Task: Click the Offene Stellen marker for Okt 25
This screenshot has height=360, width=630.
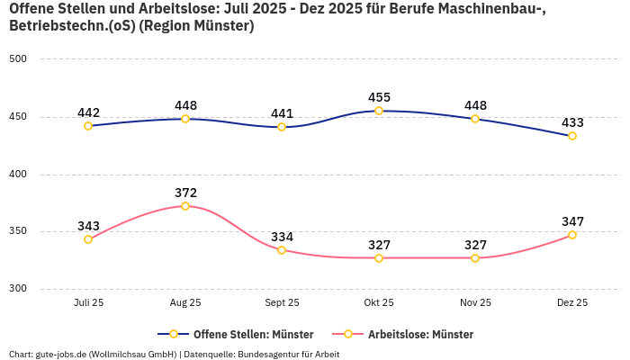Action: pos(379,111)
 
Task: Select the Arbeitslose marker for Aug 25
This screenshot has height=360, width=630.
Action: pos(185,206)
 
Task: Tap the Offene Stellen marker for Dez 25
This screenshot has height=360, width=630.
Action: pos(572,136)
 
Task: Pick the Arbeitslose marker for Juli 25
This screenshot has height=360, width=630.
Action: pos(88,239)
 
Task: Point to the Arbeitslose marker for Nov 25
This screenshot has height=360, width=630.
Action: pos(475,258)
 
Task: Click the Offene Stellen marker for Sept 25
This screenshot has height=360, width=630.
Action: pos(282,127)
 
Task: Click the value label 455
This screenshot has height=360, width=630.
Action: pos(379,97)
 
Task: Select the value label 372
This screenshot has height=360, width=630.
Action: pos(185,193)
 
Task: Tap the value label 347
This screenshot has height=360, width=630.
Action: pos(572,221)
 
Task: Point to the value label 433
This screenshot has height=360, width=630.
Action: pos(572,122)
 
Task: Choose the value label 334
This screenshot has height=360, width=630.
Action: pos(282,237)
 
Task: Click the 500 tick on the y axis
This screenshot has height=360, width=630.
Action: pos(18,59)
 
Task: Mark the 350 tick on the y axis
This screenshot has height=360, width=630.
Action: pos(18,231)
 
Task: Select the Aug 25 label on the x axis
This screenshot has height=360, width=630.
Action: pos(185,303)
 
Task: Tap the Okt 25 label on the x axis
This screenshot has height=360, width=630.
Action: pos(379,303)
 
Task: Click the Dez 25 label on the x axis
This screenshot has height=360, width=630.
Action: pos(572,303)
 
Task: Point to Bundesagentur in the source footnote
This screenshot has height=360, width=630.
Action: pos(269,355)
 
